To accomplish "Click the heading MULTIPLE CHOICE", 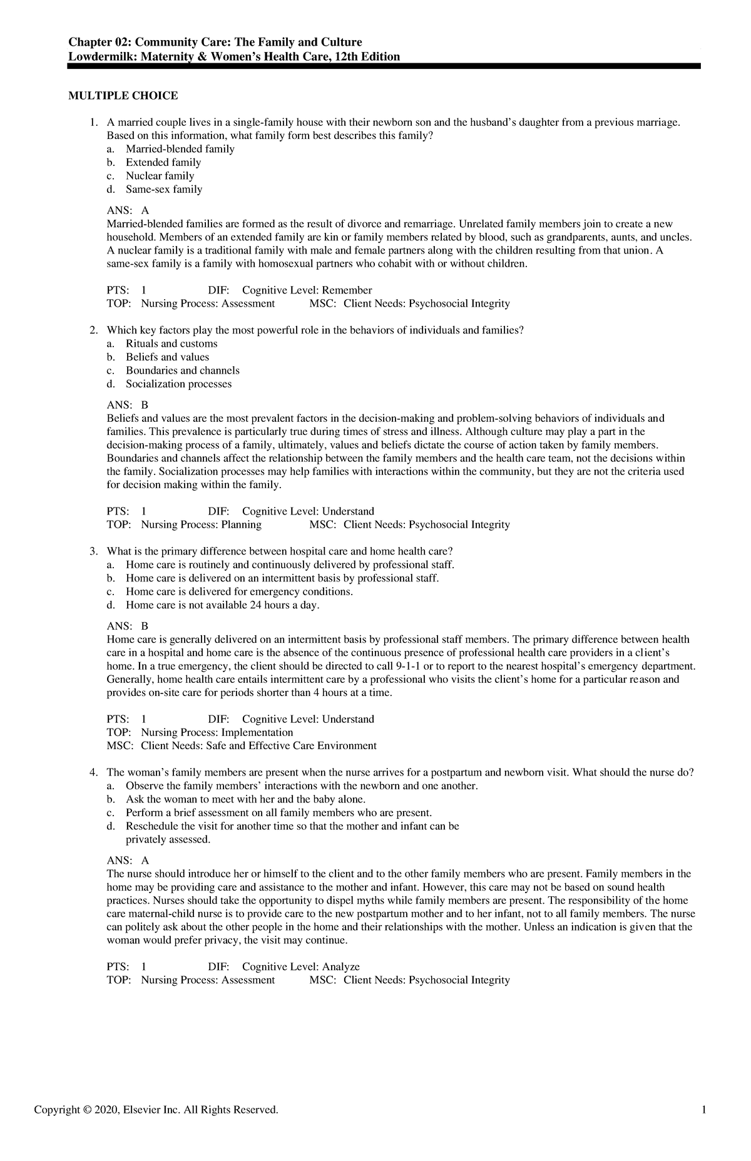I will pyautogui.click(x=123, y=96).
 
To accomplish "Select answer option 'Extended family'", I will pyautogui.click(x=163, y=162).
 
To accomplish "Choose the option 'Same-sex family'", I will pyautogui.click(x=164, y=189).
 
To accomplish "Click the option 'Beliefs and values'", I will pyautogui.click(x=167, y=357).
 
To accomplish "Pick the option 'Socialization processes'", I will pyautogui.click(x=178, y=384).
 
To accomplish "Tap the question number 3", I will pyautogui.click(x=93, y=551).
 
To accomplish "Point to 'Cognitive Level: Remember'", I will pyautogui.click(x=307, y=290).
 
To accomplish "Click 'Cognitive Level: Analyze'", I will pyautogui.click(x=300, y=966).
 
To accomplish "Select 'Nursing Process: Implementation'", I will pyautogui.click(x=217, y=732).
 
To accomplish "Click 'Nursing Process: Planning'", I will pyautogui.click(x=201, y=524).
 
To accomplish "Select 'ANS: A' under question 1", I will pyautogui.click(x=128, y=210).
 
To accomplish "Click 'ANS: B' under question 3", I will pyautogui.click(x=128, y=626).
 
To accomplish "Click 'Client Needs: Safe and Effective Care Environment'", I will pyautogui.click(x=258, y=745).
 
